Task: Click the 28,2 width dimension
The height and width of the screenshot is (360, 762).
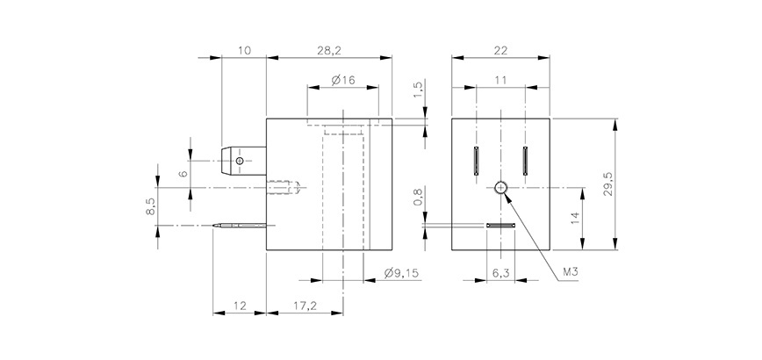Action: (327, 51)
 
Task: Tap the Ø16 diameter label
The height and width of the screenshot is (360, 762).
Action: (342, 81)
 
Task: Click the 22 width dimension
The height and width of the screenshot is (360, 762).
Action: (500, 51)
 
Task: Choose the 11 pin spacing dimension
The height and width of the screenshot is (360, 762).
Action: (500, 80)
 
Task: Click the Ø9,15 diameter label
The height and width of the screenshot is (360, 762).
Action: (401, 274)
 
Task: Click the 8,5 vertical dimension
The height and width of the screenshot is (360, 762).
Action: (150, 207)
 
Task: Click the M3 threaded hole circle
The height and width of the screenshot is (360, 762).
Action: (500, 187)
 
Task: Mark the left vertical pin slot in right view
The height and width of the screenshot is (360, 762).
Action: (475, 161)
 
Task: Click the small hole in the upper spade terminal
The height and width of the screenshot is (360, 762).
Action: (239, 161)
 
